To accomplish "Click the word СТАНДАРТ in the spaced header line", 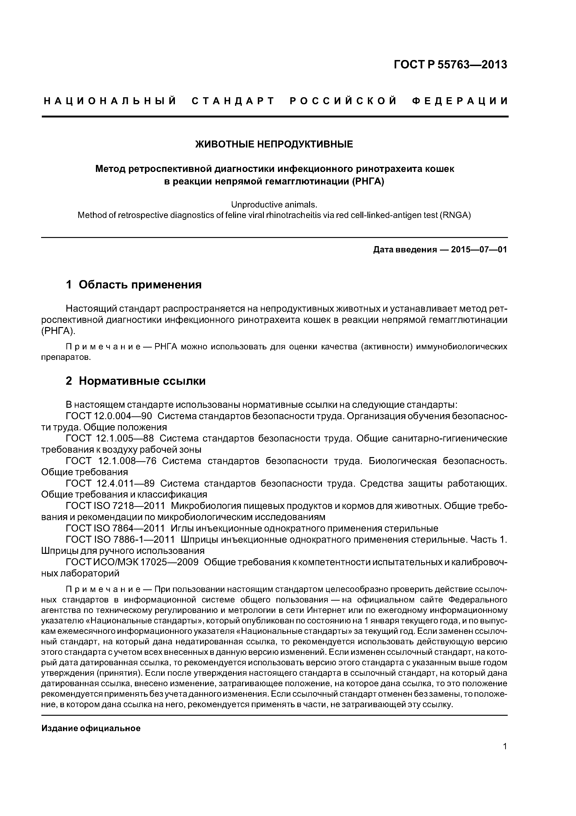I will point(233,101).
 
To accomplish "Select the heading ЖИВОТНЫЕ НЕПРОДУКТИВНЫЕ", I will point(274,144).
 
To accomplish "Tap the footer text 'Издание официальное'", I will point(91,729).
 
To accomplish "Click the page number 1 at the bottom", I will point(505,756).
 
